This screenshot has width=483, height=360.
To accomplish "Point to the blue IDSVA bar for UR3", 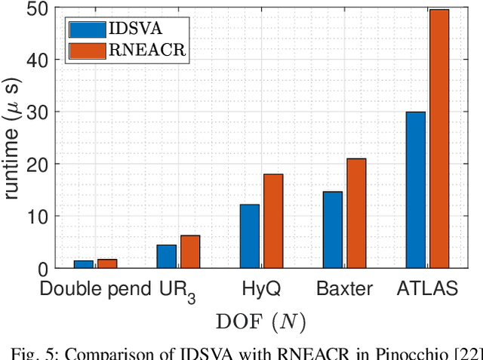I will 167,257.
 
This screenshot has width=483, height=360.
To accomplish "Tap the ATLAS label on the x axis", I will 427,288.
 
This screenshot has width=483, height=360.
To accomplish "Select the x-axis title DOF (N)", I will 260,322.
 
